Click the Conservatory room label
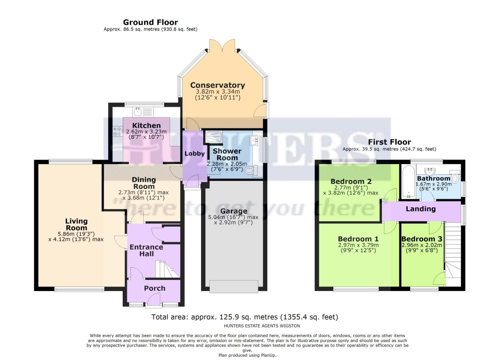[217, 85]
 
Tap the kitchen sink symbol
[137, 111]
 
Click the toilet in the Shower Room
[251, 171]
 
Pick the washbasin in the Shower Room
[256, 140]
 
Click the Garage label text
[234, 211]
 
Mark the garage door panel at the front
[234, 286]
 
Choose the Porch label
[154, 288]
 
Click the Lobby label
[194, 154]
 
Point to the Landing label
[420, 209]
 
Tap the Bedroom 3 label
[422, 239]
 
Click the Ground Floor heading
[150, 22]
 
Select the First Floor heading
[389, 142]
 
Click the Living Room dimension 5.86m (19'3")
[76, 234]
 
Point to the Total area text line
[245, 317]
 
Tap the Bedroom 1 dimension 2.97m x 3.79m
[358, 245]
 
